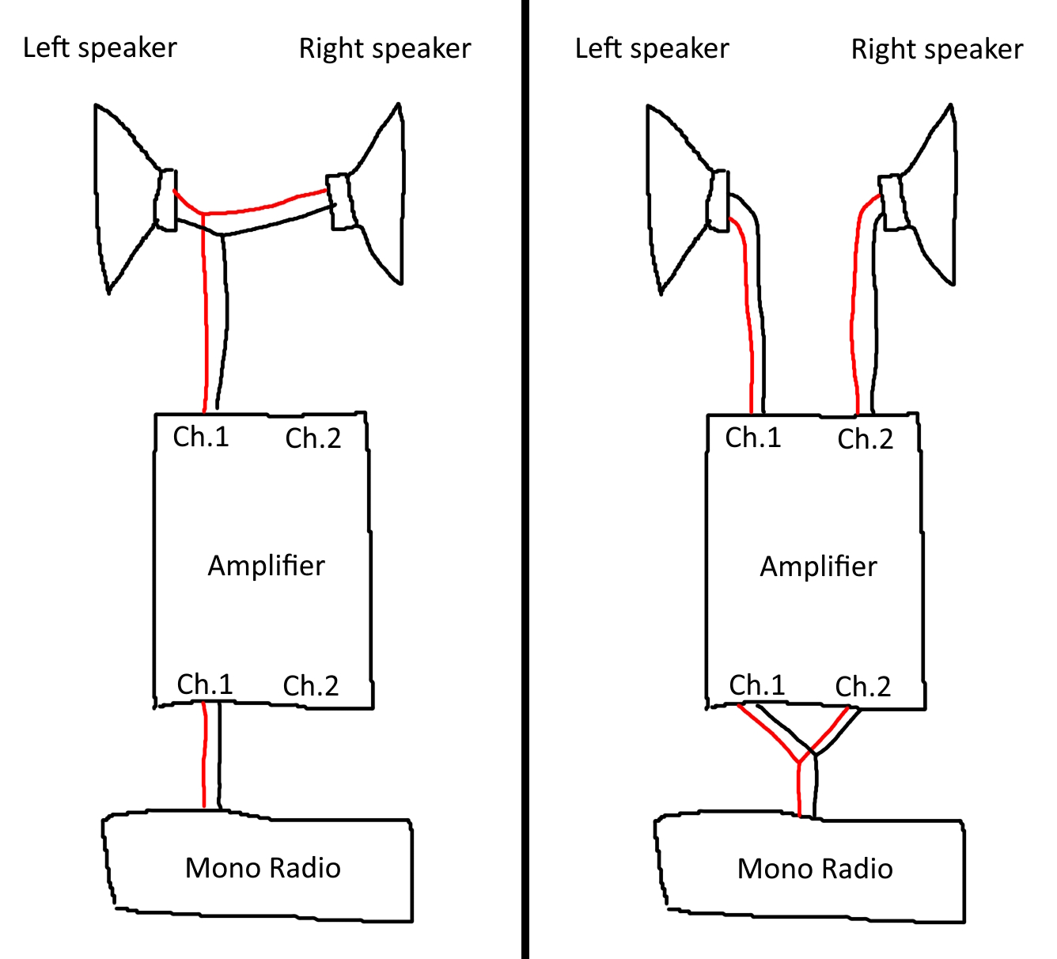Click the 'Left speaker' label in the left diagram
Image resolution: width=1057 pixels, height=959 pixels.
click(100, 48)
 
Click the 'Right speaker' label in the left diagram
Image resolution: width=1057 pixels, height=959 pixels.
click(385, 49)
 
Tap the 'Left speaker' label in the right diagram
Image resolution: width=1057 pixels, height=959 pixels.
click(652, 49)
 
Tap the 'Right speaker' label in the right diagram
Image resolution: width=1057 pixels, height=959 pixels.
click(937, 50)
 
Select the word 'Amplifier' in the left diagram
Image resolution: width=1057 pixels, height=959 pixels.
click(266, 566)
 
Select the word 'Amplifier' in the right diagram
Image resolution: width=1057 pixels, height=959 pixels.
click(818, 567)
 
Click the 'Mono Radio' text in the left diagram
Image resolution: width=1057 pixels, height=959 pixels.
click(263, 868)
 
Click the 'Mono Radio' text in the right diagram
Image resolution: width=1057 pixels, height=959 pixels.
click(815, 869)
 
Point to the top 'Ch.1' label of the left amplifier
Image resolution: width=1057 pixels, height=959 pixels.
click(201, 437)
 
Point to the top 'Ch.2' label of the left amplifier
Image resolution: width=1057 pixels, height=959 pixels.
click(313, 438)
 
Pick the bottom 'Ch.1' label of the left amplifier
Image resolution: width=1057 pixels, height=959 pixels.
click(205, 684)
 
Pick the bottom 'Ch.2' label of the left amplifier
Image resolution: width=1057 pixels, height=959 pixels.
click(311, 686)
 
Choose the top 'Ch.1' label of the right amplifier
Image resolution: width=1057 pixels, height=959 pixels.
click(753, 438)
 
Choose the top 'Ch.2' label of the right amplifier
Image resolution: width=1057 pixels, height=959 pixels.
click(866, 439)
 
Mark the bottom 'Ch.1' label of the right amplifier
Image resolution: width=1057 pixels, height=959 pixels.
click(757, 685)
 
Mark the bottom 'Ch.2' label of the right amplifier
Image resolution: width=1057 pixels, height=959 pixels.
click(863, 687)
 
